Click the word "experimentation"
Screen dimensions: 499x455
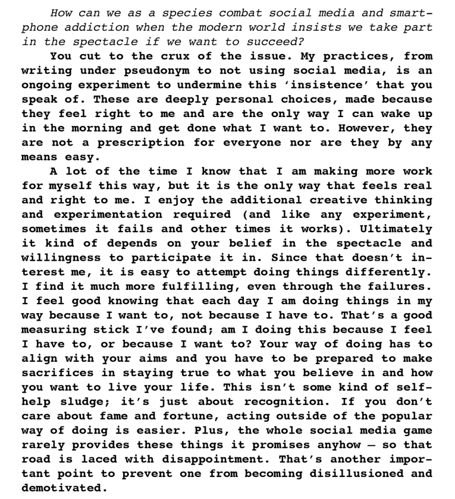click(108, 214)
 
